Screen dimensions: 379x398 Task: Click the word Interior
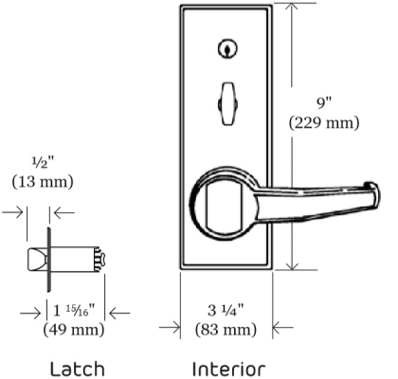point(228,368)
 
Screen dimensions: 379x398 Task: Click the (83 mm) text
point(226,330)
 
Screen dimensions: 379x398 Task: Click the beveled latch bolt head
point(39,260)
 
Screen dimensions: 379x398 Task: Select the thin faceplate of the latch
point(48,260)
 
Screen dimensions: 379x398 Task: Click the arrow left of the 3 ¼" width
point(172,328)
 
